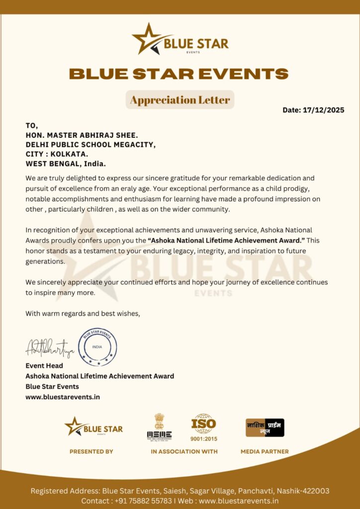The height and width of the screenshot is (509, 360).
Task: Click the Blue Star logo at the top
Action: [x=180, y=39]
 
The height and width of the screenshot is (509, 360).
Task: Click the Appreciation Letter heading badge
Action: [x=180, y=100]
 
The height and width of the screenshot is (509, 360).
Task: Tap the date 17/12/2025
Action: [x=323, y=110]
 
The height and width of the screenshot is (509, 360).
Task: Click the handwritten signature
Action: [x=50, y=348]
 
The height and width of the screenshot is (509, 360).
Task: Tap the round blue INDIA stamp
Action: [x=97, y=346]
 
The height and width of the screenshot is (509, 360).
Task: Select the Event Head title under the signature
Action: [x=44, y=366]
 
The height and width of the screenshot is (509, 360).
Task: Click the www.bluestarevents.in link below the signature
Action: [x=63, y=397]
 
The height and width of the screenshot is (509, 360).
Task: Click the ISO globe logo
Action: [x=203, y=424]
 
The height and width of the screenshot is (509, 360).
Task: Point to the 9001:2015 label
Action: [x=204, y=439]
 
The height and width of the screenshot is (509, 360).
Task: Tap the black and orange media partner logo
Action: [x=265, y=427]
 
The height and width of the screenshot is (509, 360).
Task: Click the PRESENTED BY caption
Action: [x=91, y=452]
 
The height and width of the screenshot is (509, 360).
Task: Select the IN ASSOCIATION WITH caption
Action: [x=184, y=452]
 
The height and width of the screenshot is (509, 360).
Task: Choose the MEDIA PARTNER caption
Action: [x=265, y=452]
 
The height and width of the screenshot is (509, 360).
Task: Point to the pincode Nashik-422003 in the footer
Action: [x=303, y=491]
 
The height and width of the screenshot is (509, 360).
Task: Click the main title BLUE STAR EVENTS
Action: [x=179, y=74]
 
